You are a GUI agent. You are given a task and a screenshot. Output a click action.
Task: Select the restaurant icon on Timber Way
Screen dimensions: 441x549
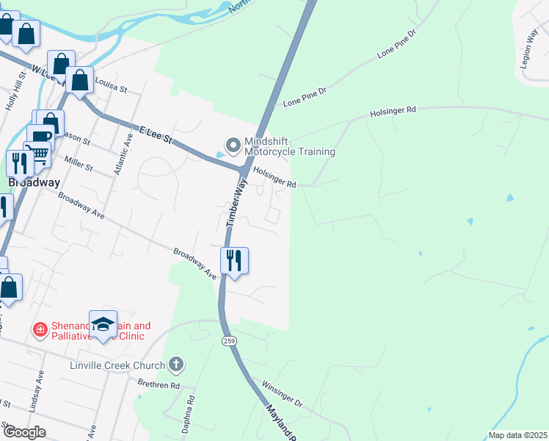(234, 261)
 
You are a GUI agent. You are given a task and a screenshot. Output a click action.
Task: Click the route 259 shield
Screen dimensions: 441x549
(227, 341)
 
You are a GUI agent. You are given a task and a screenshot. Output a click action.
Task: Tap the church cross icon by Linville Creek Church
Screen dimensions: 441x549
(175, 364)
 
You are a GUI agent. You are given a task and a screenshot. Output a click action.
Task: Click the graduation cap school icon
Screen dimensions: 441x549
(103, 324)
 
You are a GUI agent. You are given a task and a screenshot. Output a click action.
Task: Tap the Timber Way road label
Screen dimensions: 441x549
(234, 205)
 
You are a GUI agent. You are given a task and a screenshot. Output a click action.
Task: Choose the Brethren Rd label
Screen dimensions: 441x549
(159, 384)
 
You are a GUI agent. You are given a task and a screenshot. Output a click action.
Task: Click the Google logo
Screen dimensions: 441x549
(23, 432)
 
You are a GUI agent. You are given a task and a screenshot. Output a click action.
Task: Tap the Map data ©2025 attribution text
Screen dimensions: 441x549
(517, 435)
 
